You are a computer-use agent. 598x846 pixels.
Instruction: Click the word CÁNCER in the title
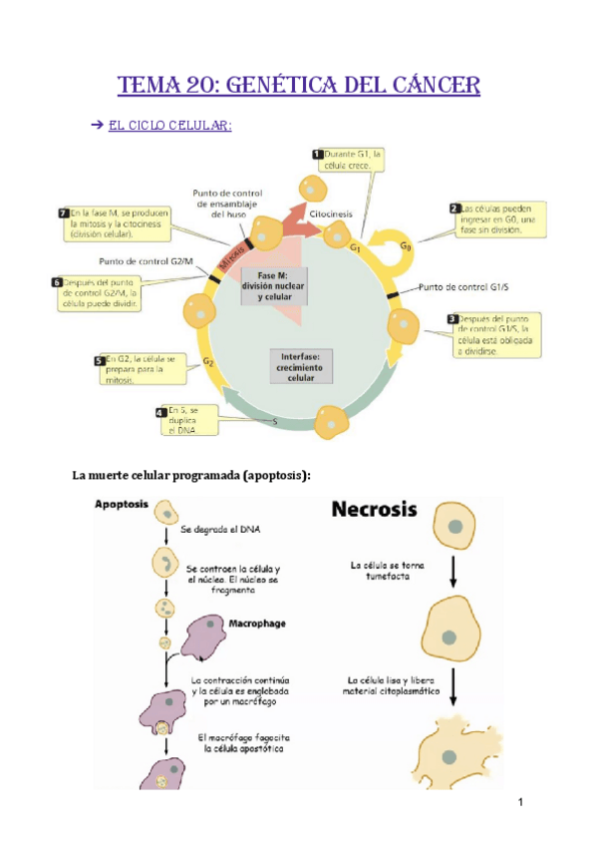425,87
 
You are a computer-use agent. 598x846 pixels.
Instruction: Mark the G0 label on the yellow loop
403,245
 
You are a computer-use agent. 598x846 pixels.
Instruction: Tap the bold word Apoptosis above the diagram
123,506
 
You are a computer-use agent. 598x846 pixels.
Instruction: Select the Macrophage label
258,624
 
